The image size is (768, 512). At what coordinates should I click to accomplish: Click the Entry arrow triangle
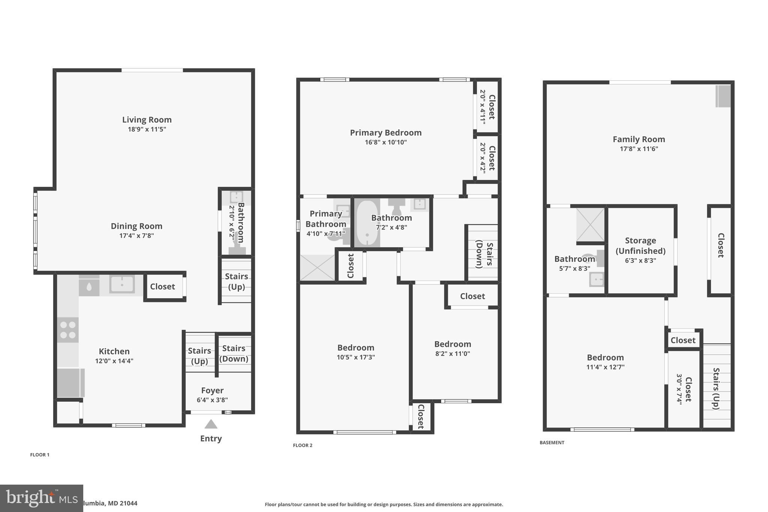[x=211, y=424]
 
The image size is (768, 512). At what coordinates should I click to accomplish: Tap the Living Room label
[x=147, y=120]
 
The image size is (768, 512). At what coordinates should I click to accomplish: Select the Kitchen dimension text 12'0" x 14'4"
[x=114, y=361]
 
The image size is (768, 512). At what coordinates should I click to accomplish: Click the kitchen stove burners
[x=68, y=330]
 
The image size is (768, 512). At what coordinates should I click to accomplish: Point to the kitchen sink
[x=122, y=284]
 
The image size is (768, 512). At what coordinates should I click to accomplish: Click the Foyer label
[x=212, y=390]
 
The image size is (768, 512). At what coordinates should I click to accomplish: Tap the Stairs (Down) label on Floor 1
[x=234, y=353]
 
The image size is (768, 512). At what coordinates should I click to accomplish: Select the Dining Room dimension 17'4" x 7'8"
[x=136, y=236]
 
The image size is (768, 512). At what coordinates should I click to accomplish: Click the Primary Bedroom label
[x=385, y=133]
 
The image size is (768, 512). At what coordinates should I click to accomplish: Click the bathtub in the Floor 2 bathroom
[x=367, y=224]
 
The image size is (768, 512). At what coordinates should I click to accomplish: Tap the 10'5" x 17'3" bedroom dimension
[x=355, y=357]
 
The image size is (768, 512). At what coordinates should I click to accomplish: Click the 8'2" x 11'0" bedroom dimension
[x=452, y=353]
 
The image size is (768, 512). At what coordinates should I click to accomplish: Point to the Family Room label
[x=639, y=139]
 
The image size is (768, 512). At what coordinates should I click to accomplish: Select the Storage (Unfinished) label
[x=640, y=246]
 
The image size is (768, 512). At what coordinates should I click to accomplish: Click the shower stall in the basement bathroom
[x=590, y=225]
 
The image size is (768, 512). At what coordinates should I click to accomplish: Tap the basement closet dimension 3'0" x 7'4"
[x=679, y=389]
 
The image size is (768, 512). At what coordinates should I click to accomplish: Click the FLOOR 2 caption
[x=302, y=445]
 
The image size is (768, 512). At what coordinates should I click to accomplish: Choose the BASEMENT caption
[x=552, y=443]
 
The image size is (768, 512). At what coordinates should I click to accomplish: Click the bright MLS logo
[x=41, y=498]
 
